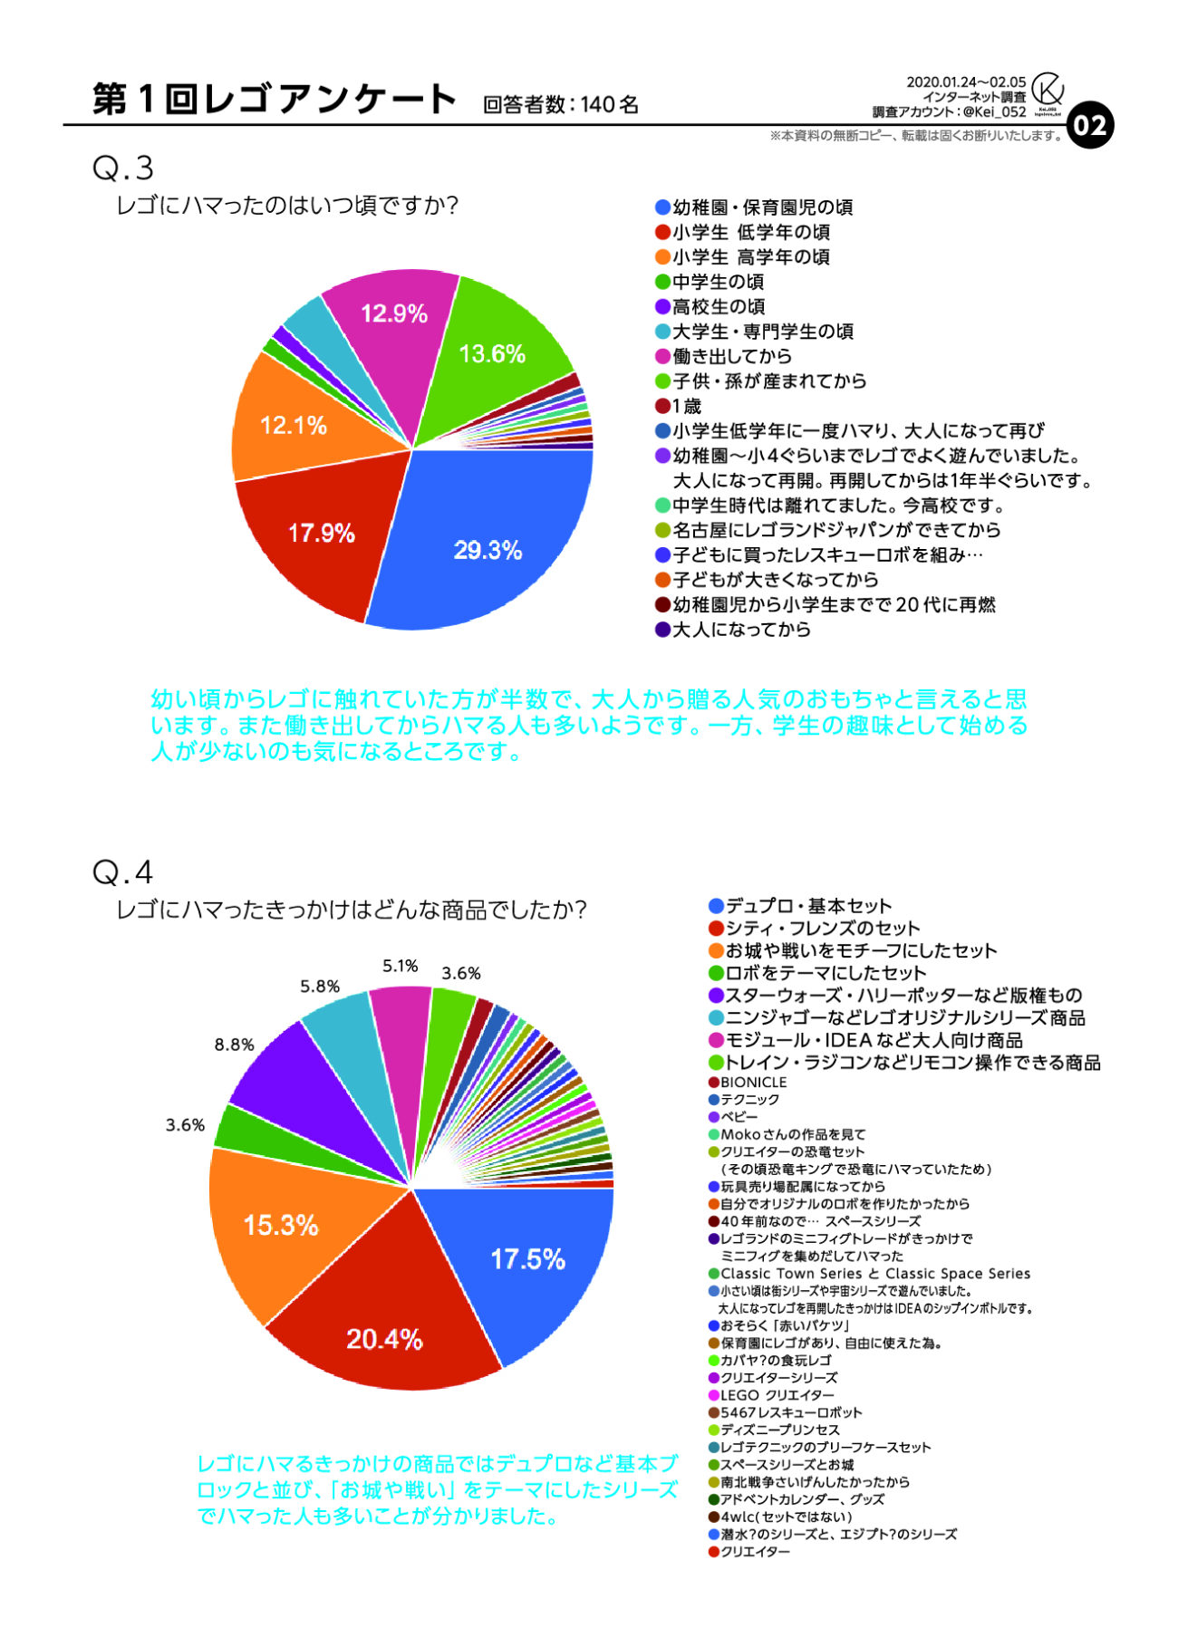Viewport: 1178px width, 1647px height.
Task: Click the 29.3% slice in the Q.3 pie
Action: click(488, 549)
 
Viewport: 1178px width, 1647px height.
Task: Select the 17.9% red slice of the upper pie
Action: click(321, 533)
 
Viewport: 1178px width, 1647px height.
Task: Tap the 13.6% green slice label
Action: click(492, 353)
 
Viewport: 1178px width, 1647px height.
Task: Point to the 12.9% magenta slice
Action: click(393, 313)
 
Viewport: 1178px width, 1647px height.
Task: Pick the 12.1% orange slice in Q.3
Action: click(293, 425)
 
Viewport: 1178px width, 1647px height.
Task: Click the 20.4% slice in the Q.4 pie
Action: click(384, 1339)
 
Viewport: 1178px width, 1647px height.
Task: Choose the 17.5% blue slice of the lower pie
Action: click(527, 1258)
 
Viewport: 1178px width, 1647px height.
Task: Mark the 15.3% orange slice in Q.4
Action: click(281, 1226)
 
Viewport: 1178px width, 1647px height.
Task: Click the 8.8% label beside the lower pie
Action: click(234, 1045)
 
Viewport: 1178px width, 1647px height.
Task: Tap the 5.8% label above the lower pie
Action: click(320, 987)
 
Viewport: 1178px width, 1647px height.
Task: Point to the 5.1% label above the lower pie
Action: click(400, 966)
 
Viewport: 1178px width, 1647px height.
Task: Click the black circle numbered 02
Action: click(1090, 126)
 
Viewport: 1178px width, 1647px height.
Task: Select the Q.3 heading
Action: click(123, 169)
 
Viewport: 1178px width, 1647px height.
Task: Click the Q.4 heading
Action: click(123, 872)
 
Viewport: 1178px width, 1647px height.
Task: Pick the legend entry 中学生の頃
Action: click(717, 282)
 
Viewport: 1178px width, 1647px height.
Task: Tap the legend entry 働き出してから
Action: click(730, 356)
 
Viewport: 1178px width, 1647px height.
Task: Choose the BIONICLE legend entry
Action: click(753, 1083)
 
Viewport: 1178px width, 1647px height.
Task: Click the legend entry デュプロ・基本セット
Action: click(807, 906)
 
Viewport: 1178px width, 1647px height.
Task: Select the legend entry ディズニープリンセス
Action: click(779, 1430)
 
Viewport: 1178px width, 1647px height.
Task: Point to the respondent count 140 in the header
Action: click(597, 105)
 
